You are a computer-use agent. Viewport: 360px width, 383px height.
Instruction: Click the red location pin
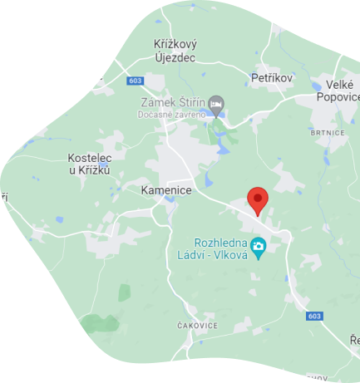258,199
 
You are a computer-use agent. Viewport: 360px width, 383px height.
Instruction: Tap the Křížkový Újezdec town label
175,50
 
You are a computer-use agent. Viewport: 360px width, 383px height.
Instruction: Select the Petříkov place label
273,78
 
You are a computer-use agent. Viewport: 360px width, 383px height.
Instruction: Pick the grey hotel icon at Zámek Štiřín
217,105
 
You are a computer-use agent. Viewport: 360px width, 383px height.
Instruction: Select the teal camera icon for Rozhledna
259,246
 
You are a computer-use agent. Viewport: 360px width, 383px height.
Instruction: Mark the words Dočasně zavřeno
171,115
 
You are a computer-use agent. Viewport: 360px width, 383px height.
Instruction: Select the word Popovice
338,96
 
